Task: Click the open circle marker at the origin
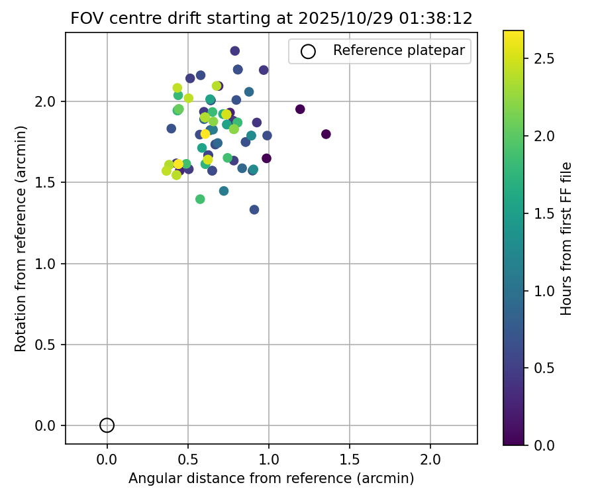(x=107, y=425)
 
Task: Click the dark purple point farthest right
(x=326, y=134)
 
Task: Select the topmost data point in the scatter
(x=234, y=51)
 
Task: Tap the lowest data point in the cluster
(x=254, y=209)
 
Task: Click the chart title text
(x=272, y=19)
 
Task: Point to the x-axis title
(x=272, y=478)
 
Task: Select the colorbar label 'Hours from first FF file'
(x=566, y=239)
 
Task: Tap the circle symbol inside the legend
(x=308, y=51)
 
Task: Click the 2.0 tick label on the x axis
(x=430, y=459)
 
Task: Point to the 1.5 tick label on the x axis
(x=350, y=459)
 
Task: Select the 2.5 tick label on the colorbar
(x=544, y=59)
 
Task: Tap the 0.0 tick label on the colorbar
(x=544, y=445)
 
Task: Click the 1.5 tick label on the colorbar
(x=544, y=213)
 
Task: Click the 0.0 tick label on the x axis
(x=107, y=459)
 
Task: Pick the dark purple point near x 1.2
(x=300, y=109)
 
